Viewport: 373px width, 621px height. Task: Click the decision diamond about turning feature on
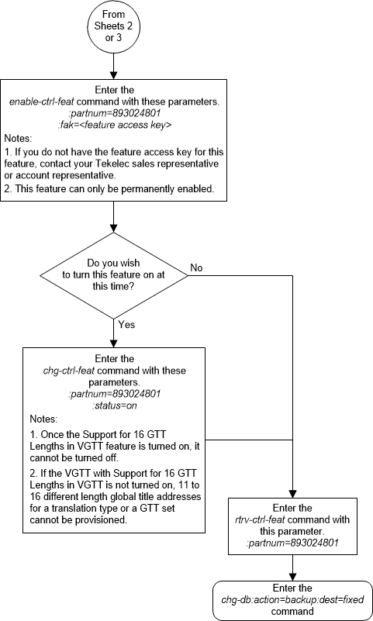coord(114,274)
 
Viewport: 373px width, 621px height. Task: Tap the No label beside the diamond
coord(196,267)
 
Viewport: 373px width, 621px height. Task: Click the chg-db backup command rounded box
coord(292,599)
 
